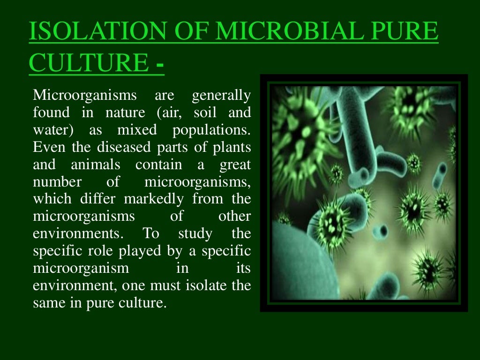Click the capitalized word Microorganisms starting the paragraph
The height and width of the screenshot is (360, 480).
click(x=84, y=96)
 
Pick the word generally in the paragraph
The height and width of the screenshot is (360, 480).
click(x=221, y=96)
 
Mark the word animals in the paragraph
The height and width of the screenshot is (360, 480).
click(x=96, y=165)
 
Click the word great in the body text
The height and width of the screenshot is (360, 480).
click(x=235, y=165)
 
